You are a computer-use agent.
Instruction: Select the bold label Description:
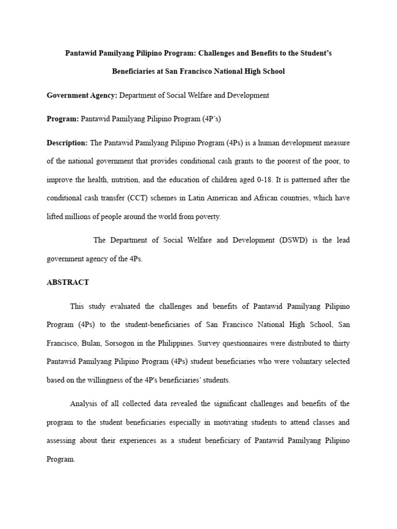pos(67,142)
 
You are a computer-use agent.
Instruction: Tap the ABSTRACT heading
pos(68,282)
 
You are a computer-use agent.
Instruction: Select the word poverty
pos(207,217)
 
